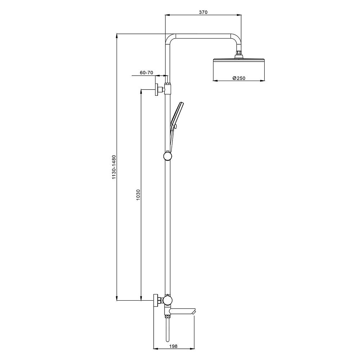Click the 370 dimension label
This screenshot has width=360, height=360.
pyautogui.click(x=203, y=12)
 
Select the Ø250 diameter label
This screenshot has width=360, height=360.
pyautogui.click(x=239, y=78)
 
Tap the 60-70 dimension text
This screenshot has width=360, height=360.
pyautogui.click(x=147, y=73)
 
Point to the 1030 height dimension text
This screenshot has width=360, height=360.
pyautogui.click(x=138, y=195)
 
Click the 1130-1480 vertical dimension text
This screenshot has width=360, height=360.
pyautogui.click(x=114, y=167)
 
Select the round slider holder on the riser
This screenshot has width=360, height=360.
pyautogui.click(x=168, y=156)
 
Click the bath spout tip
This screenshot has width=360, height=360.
pyautogui.click(x=194, y=312)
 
